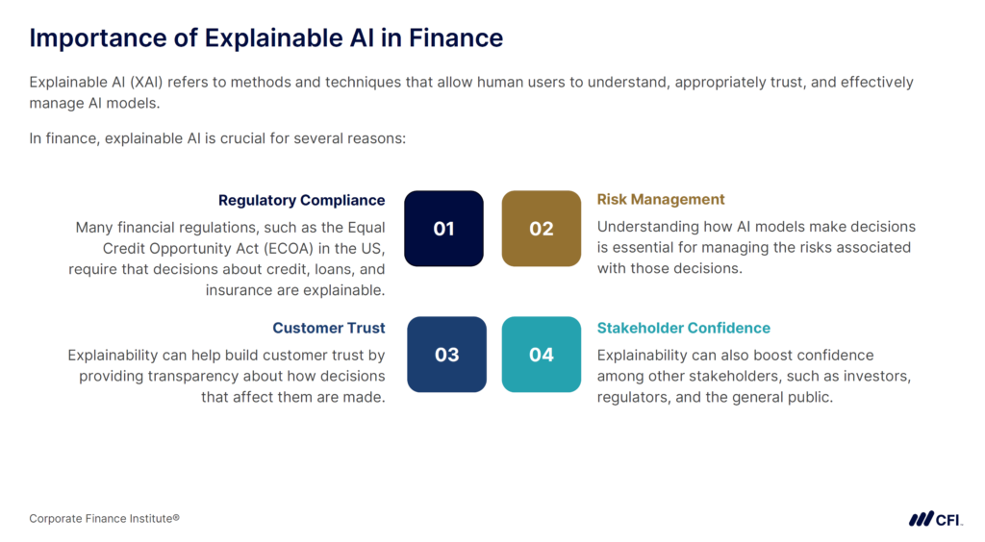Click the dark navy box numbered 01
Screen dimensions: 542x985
click(443, 229)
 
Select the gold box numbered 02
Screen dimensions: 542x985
click(542, 229)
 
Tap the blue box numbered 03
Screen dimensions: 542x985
click(446, 355)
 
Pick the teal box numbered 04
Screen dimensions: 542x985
click(542, 355)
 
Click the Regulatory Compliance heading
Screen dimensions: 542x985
click(301, 200)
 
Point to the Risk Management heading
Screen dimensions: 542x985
click(661, 199)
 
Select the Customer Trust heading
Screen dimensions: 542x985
click(329, 328)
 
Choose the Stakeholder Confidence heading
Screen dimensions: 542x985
click(683, 328)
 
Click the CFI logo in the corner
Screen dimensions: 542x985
click(934, 519)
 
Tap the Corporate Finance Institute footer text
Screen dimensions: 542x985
click(104, 519)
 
